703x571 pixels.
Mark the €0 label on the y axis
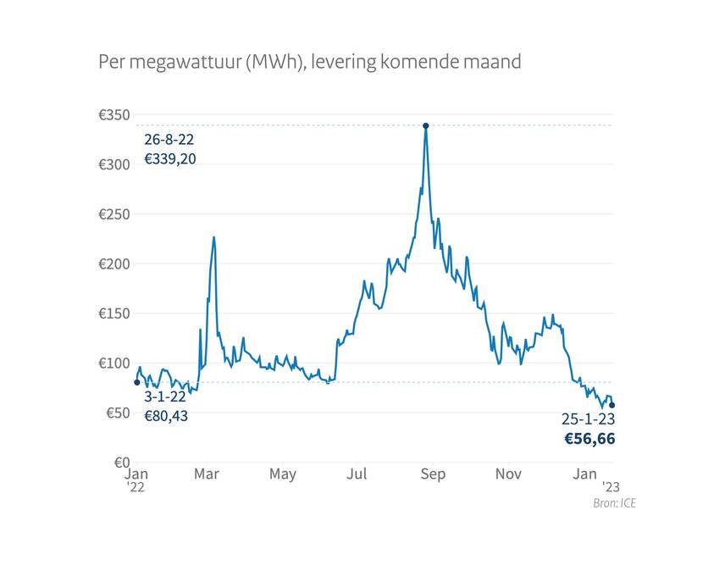coord(119,463)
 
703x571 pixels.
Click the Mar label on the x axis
coord(207,474)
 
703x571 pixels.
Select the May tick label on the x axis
coord(283,474)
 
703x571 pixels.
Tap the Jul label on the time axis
coord(357,474)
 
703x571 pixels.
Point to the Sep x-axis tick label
coord(433,474)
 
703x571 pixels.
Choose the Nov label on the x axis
coord(508,474)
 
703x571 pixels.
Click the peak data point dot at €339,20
coord(425,125)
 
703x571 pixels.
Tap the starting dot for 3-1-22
coord(137,382)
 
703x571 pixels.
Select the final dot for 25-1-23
coord(612,405)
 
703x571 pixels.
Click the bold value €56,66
coord(590,439)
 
